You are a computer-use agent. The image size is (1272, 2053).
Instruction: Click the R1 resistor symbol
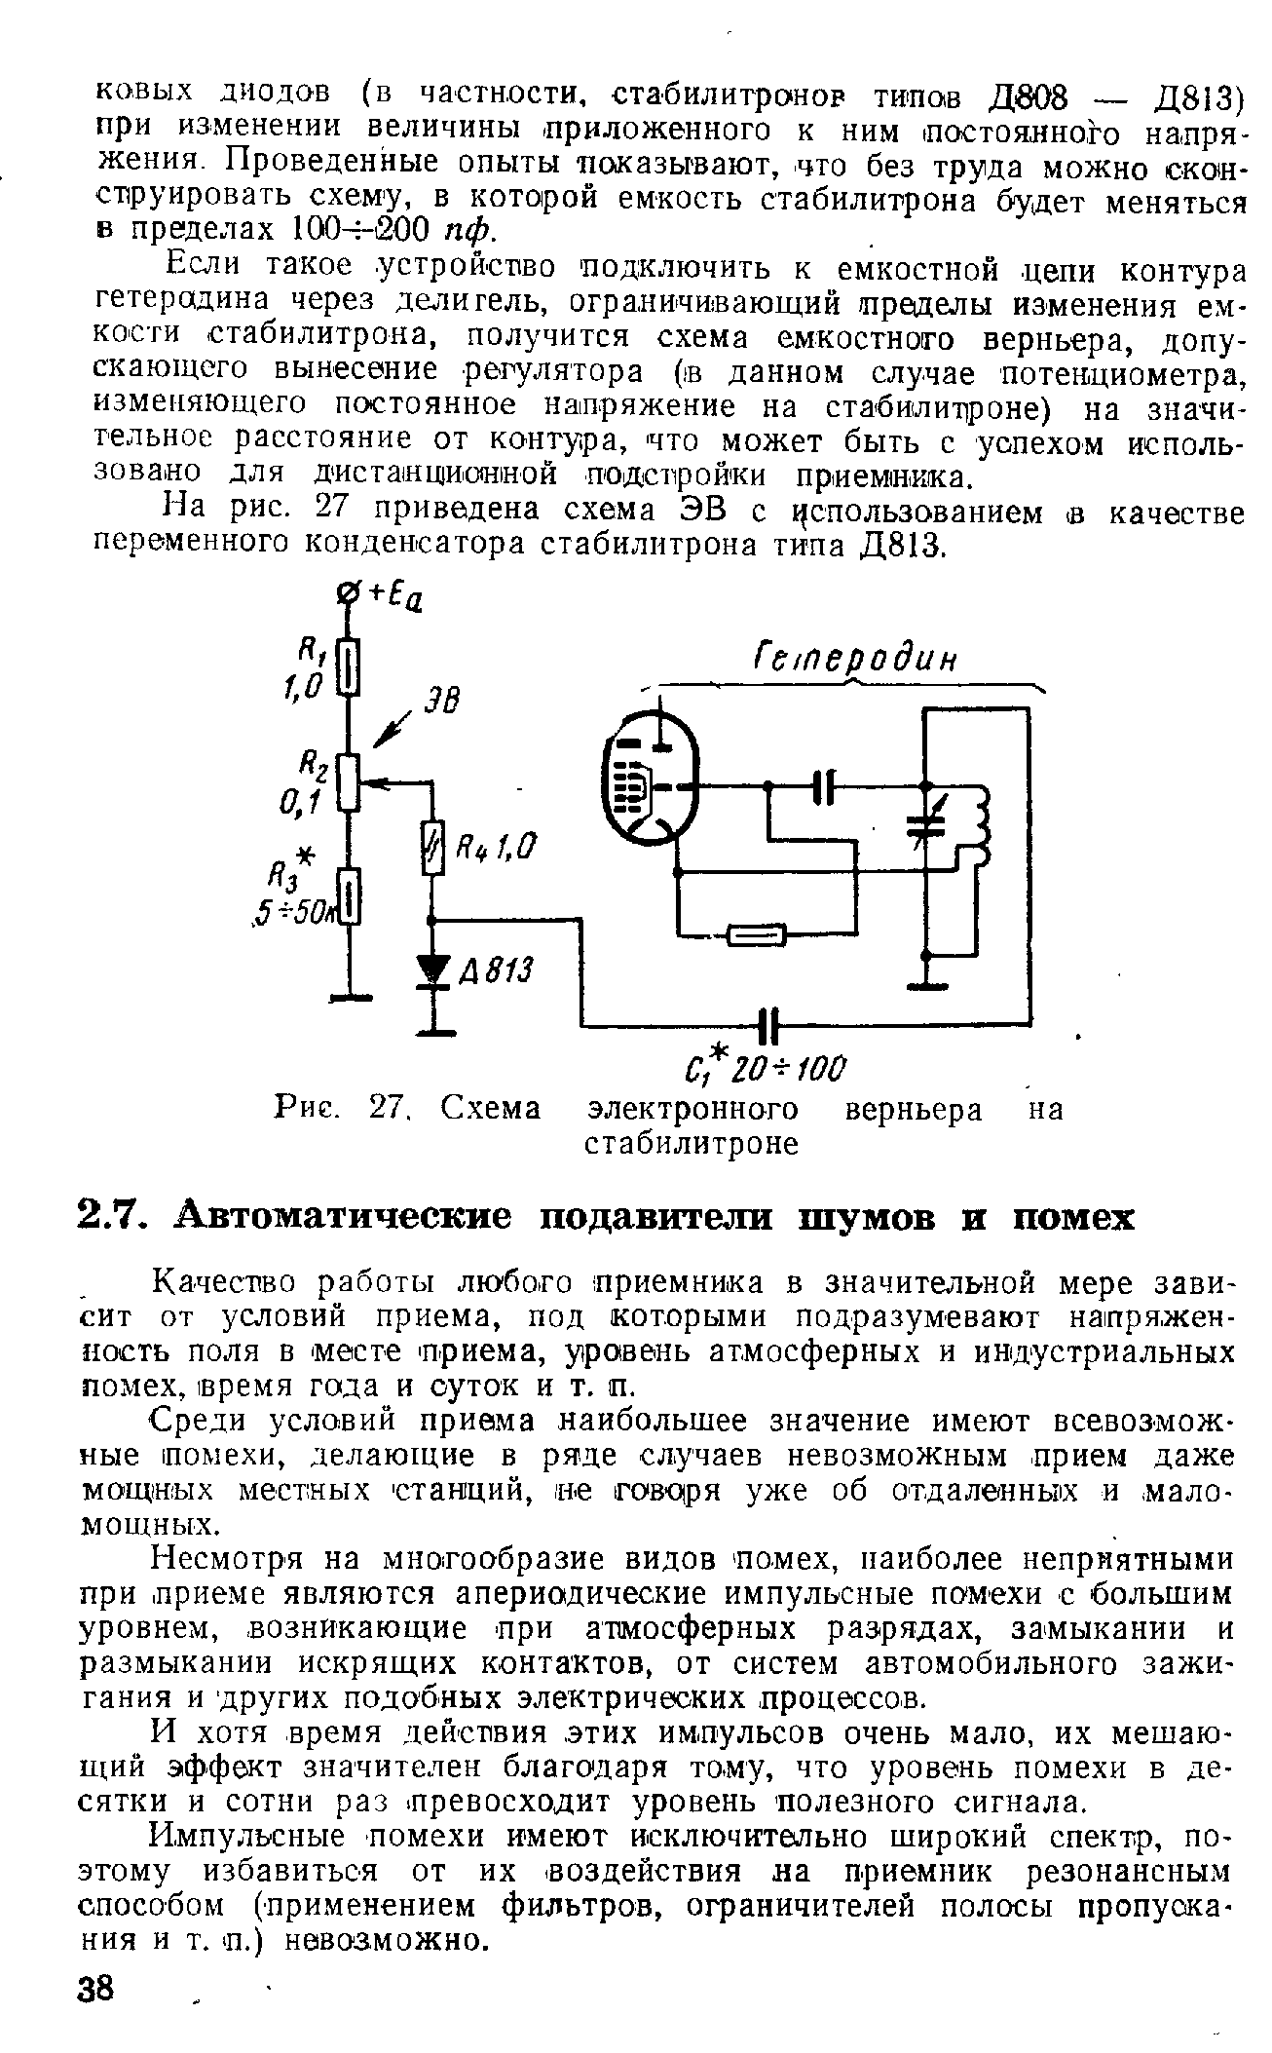click(352, 668)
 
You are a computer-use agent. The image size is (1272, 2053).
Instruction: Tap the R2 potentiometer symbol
click(352, 780)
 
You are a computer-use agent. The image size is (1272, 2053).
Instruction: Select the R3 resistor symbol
click(352, 897)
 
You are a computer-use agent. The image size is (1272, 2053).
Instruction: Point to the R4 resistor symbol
click(433, 848)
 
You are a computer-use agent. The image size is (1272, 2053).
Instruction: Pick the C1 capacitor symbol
click(769, 1024)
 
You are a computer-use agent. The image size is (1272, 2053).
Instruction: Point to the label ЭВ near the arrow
click(442, 701)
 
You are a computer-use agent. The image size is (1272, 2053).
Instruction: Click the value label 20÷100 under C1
click(797, 1069)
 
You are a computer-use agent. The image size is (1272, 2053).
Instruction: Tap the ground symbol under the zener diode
click(434, 1029)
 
